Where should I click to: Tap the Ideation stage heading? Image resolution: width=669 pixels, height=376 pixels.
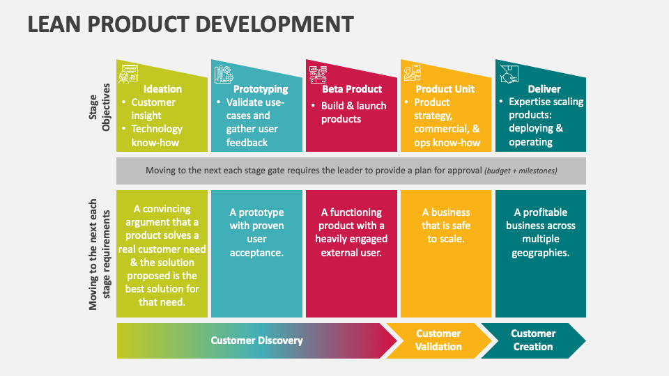click(162, 89)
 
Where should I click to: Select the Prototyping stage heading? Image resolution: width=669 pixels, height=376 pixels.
click(260, 89)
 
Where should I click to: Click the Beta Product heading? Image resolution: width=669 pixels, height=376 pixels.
click(352, 89)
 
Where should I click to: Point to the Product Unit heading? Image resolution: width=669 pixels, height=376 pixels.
click(445, 89)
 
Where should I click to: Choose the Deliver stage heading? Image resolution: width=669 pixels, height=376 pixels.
click(544, 89)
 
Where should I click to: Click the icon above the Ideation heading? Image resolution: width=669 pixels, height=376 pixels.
click(128, 74)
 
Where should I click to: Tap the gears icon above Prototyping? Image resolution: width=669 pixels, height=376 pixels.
click(224, 75)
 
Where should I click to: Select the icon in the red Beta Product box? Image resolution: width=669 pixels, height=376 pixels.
click(318, 75)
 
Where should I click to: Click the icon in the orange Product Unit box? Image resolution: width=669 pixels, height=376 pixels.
click(413, 72)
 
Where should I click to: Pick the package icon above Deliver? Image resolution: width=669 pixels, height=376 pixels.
click(509, 75)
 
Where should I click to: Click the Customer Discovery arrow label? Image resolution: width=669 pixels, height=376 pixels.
click(257, 340)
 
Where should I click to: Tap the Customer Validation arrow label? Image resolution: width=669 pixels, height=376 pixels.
click(438, 340)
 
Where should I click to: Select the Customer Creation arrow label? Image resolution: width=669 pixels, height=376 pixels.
click(533, 340)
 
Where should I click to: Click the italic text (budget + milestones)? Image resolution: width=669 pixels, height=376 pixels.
click(521, 171)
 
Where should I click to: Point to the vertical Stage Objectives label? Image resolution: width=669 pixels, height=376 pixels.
click(100, 107)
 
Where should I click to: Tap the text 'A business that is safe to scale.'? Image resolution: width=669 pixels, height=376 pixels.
click(446, 226)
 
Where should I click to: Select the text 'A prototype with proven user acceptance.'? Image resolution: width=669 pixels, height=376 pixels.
click(257, 233)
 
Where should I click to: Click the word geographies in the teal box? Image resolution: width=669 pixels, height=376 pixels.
click(541, 253)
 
